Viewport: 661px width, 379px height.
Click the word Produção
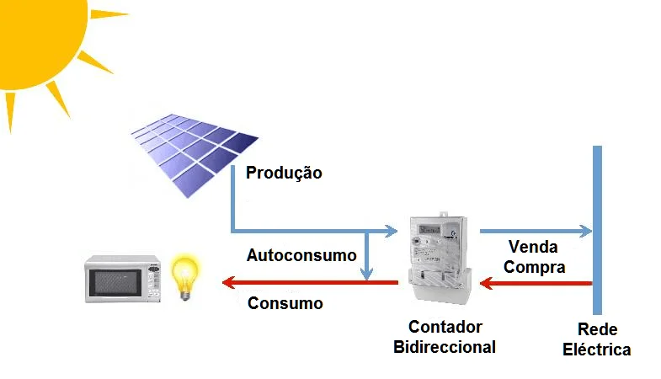[x=284, y=173]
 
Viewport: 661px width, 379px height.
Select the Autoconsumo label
[x=301, y=255]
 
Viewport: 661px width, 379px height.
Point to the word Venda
[x=533, y=248]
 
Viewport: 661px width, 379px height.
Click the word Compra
[x=534, y=267]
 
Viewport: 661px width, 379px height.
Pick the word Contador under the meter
[x=445, y=327]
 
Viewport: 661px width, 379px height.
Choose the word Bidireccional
[x=445, y=346]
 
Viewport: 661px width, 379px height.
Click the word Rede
[x=598, y=329]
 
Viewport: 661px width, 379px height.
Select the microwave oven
[x=123, y=279]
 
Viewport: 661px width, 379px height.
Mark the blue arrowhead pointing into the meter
[x=391, y=229]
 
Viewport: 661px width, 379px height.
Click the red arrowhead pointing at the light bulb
[x=228, y=283]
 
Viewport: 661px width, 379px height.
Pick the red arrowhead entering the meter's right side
[x=486, y=284]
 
